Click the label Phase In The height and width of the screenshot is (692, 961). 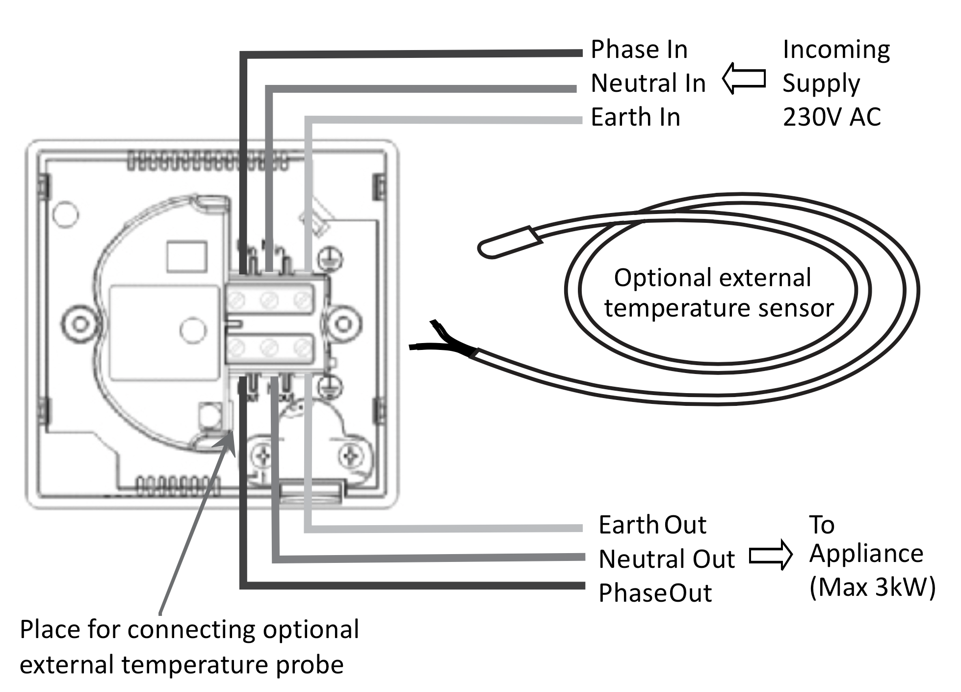(639, 50)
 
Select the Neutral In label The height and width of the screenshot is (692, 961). (648, 83)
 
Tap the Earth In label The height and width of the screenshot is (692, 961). (635, 117)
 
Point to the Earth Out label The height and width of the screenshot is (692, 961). (652, 525)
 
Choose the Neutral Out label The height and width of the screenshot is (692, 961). (667, 559)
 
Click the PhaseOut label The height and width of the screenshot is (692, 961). (655, 593)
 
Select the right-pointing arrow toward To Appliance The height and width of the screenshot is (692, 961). (771, 555)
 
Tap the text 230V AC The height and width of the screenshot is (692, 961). (831, 117)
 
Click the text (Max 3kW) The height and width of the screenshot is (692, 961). (872, 587)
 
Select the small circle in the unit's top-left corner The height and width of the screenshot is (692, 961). (65, 214)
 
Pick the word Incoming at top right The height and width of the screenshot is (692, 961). (836, 50)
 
